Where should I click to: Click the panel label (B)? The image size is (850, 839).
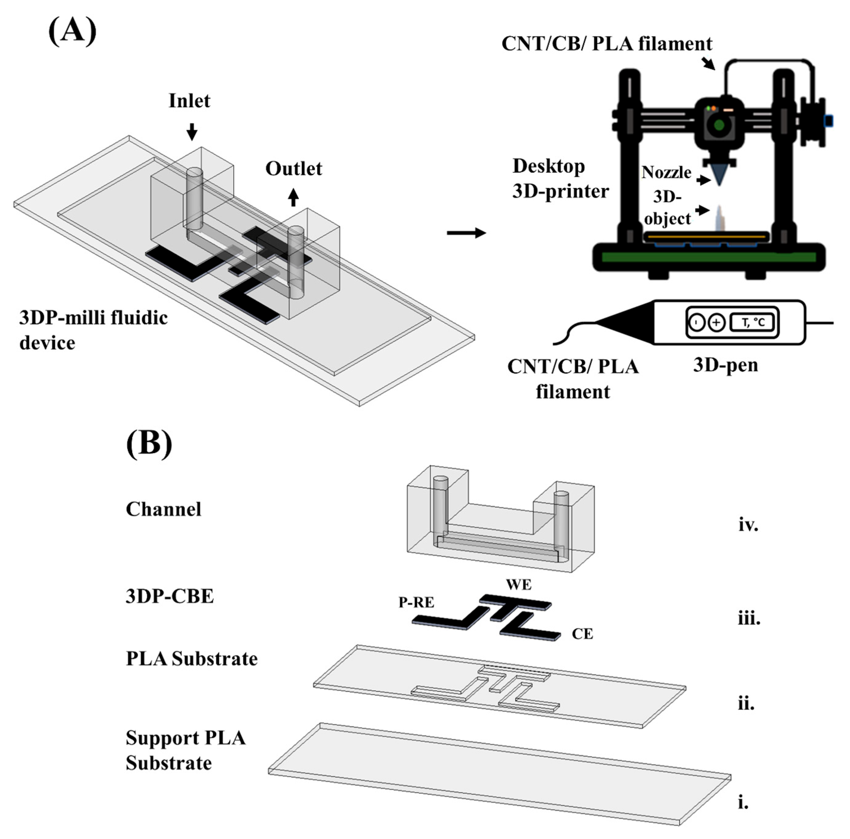[x=149, y=443]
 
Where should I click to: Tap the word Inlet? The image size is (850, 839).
[x=189, y=101]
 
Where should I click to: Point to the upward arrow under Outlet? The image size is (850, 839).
[x=293, y=197]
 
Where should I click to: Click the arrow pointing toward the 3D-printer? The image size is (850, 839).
[x=466, y=233]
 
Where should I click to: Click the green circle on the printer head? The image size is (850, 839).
[x=719, y=125]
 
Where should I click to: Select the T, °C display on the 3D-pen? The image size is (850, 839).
[x=753, y=322]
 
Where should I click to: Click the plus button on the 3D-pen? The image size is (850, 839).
[x=716, y=322]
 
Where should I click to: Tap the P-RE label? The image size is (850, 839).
[x=416, y=602]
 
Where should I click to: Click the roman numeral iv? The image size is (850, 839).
[x=748, y=525]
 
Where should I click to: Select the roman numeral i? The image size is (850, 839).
[x=743, y=803]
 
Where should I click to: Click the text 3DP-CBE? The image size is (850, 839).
[x=170, y=596]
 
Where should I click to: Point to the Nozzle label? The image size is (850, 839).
[x=666, y=172]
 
